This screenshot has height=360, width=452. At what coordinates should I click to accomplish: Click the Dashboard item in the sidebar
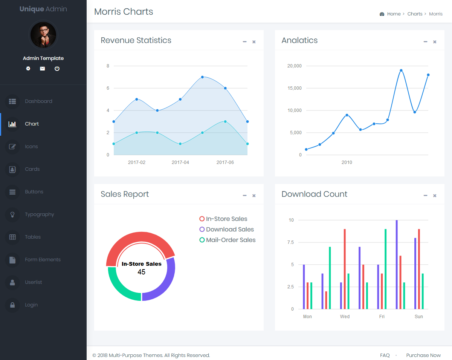tap(38, 101)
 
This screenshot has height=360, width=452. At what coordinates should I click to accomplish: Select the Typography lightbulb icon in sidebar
tap(12, 214)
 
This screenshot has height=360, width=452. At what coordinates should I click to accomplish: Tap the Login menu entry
tap(31, 305)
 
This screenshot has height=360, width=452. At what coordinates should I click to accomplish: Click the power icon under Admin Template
tap(57, 69)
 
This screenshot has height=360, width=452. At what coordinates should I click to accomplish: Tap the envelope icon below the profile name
tap(43, 69)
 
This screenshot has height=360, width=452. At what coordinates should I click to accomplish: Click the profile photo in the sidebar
tap(43, 35)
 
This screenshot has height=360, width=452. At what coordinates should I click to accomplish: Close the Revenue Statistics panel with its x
tap(254, 42)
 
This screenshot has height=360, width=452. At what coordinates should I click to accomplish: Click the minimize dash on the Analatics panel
tap(425, 42)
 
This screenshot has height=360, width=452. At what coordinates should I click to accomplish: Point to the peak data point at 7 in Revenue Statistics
tap(202, 77)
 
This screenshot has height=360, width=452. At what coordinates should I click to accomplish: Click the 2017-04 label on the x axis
tap(180, 162)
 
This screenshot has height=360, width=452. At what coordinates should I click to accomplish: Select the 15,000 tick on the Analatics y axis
tap(295, 88)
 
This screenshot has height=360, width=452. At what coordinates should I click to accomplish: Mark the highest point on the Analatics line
tap(401, 70)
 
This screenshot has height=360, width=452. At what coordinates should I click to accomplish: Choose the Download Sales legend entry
tap(230, 230)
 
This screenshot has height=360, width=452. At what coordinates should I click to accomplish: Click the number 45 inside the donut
tap(141, 272)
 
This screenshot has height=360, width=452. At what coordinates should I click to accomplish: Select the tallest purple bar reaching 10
tap(397, 264)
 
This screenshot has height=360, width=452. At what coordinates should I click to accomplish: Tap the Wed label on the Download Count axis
tap(345, 317)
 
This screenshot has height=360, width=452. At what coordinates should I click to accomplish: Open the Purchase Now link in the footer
tap(423, 355)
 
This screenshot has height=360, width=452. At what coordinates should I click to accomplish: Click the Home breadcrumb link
tap(394, 14)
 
